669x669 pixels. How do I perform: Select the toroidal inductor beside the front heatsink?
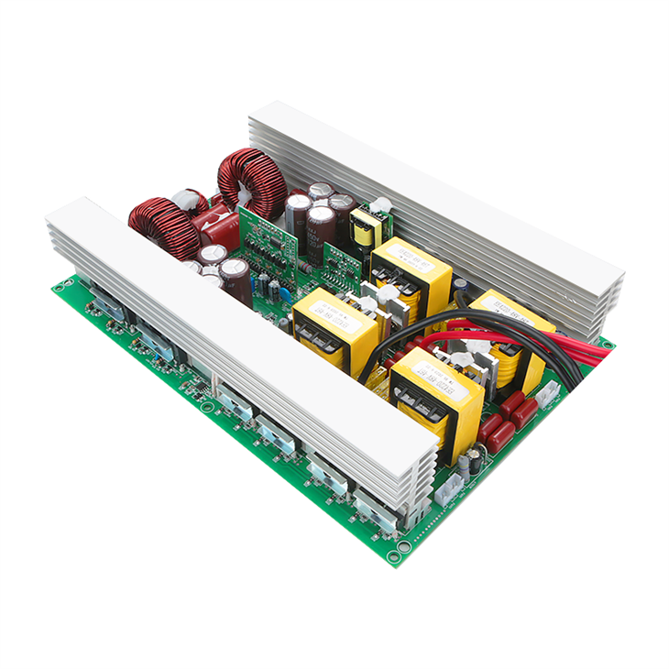tap(163, 225)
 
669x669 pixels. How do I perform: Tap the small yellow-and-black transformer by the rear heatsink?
tap(366, 227)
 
